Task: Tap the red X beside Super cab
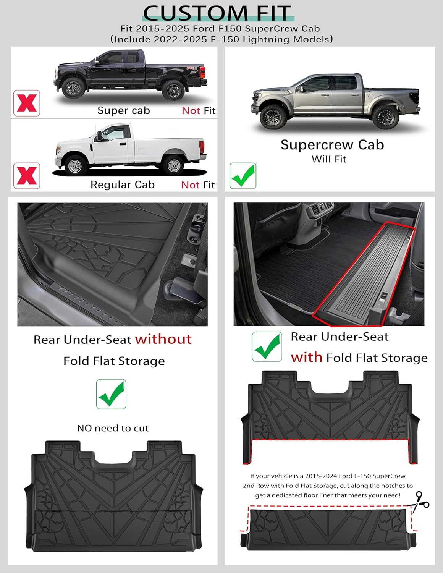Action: [27, 103]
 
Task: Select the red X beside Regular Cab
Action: [27, 176]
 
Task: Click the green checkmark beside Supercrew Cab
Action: [243, 176]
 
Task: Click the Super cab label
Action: [123, 111]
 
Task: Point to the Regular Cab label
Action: [122, 185]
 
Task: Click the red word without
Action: [163, 339]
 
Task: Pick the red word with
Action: [306, 358]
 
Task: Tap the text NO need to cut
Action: [113, 428]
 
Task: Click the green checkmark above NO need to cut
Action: [111, 394]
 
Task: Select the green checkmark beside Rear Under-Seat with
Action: [267, 346]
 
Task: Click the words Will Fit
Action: [329, 159]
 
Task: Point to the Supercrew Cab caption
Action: [332, 145]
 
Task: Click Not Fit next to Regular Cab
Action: [198, 185]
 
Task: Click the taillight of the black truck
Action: [203, 72]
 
